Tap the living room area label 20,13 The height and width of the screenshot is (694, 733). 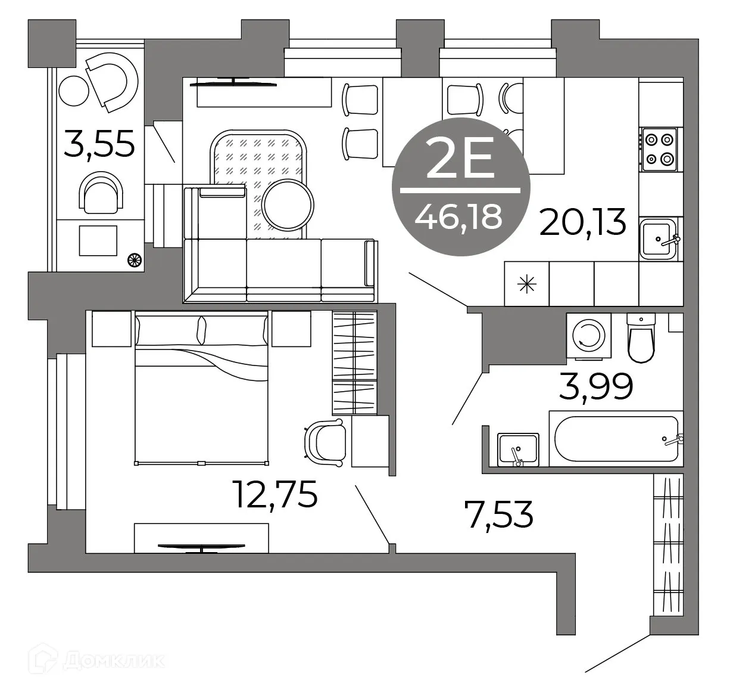point(583,222)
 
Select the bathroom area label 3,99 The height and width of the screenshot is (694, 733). point(595,387)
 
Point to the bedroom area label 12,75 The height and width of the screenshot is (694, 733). point(275,494)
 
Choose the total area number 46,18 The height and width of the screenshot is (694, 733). point(459,217)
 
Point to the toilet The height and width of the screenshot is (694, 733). point(641,340)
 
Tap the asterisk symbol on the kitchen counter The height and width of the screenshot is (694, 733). point(526,284)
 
